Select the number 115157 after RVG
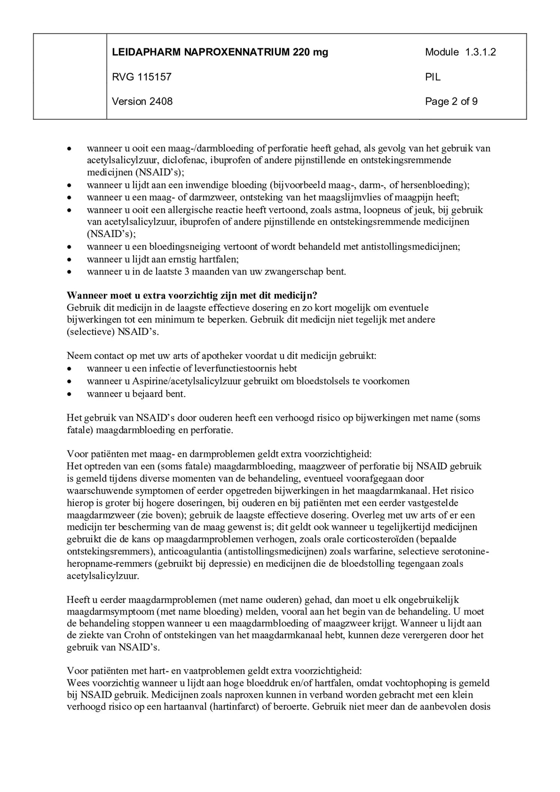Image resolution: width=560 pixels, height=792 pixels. click(154, 77)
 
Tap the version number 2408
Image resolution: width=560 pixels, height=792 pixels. click(161, 102)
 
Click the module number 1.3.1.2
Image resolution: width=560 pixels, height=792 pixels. click(480, 52)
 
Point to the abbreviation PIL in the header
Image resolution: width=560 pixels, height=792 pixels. click(433, 77)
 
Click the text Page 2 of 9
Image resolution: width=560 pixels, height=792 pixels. click(451, 102)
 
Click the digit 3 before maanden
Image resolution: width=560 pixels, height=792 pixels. click(187, 271)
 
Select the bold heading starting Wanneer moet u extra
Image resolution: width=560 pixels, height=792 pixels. click(192, 295)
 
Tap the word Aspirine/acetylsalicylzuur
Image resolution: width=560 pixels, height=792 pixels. click(186, 381)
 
